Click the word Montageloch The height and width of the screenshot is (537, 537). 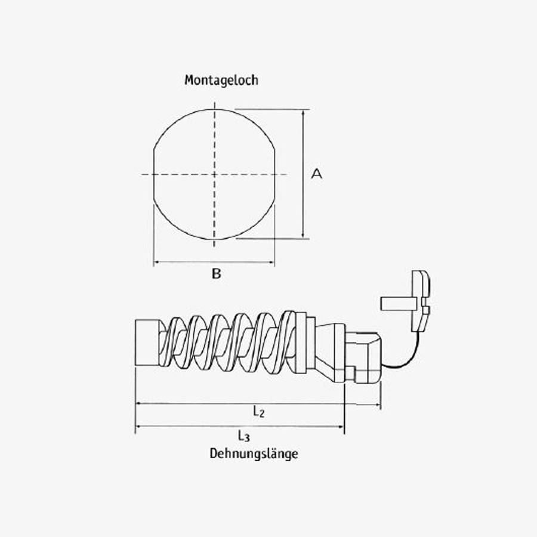click(221, 80)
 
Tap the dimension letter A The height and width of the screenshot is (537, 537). click(317, 174)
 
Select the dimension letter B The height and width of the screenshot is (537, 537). click(217, 274)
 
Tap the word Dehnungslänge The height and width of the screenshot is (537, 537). click(254, 453)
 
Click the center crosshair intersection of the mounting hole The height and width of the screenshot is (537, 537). click(214, 174)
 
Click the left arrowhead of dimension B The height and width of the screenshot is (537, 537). click(156, 262)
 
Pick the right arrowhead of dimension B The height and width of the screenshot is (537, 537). click(272, 262)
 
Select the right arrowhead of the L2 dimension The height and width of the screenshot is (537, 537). click(378, 405)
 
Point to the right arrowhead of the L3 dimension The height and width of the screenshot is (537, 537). click(342, 427)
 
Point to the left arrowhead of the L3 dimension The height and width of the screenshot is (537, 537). click(138, 427)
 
